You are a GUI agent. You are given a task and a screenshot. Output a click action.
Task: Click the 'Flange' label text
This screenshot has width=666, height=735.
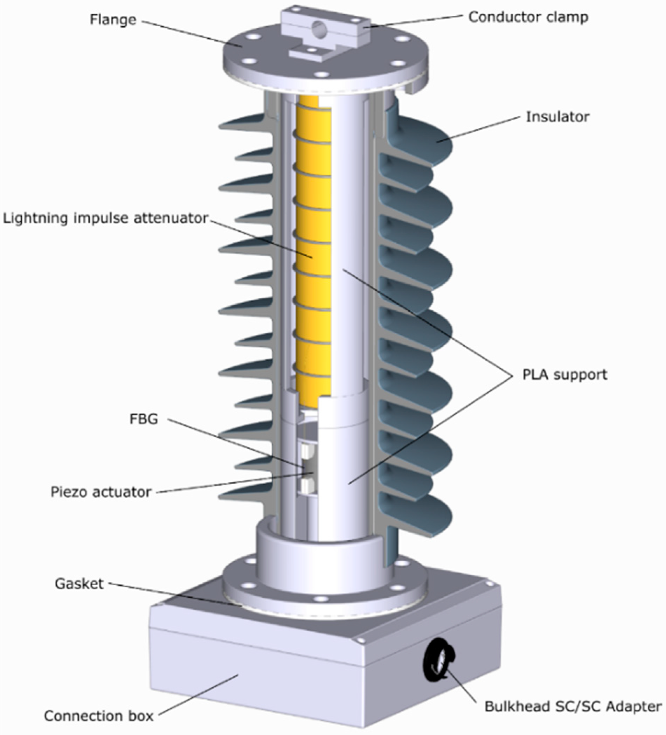113,19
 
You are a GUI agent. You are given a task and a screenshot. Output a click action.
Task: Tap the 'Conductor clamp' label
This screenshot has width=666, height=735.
528,17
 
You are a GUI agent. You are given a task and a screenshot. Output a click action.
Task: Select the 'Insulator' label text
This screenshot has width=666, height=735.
557,117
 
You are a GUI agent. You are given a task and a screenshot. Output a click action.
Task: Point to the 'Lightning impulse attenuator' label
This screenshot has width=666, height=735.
106,218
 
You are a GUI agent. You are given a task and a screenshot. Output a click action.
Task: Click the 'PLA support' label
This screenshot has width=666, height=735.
565,374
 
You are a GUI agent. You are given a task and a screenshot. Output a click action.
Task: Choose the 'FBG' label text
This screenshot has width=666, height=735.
144,419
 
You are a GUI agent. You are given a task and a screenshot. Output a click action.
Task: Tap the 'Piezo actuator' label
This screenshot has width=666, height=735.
100,492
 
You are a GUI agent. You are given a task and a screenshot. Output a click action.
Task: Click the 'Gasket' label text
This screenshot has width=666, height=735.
79,584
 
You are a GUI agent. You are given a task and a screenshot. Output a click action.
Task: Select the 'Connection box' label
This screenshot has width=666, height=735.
99,716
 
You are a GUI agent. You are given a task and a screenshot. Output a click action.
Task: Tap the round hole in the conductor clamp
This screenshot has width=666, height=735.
319,28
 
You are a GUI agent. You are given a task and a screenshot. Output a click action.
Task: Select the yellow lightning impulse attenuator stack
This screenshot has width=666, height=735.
313,248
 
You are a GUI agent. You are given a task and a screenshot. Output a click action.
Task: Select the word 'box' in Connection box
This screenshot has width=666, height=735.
141,716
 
